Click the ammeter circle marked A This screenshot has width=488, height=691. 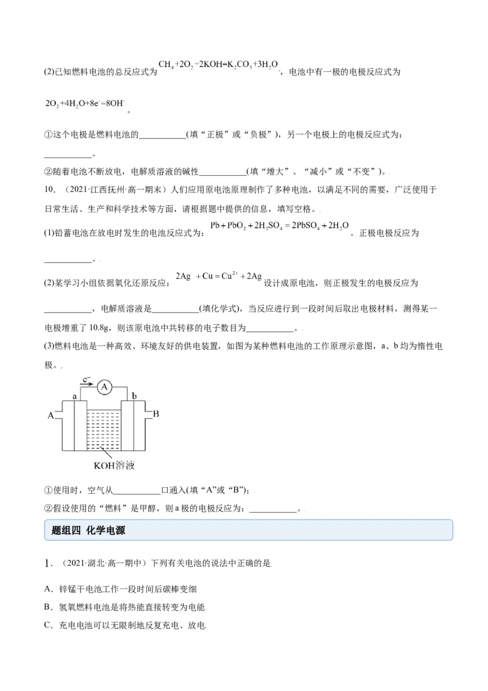coord(104,387)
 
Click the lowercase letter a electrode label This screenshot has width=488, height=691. coord(75,396)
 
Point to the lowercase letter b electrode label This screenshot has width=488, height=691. coord(134,396)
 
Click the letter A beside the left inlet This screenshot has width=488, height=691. coord(51,416)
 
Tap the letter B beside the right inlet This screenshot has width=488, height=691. coord(156,414)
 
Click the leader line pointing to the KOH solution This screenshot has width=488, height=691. coord(106,454)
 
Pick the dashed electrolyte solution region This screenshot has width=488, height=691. coord(104,430)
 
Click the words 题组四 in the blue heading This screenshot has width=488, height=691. coord(66,530)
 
